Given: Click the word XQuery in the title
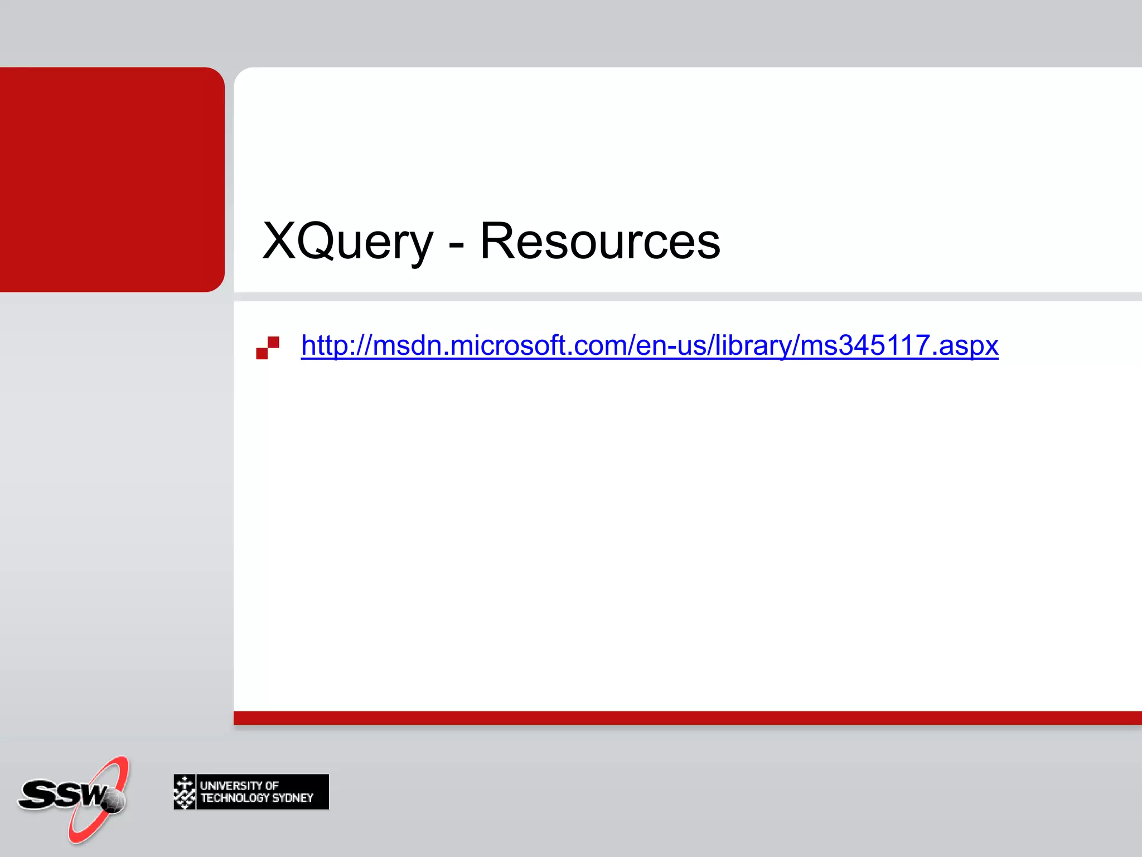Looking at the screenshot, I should pyautogui.click(x=347, y=241).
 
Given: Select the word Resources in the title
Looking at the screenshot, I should pyautogui.click(x=600, y=241).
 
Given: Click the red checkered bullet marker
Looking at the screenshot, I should pyautogui.click(x=268, y=348).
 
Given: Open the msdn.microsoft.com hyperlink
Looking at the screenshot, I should pyautogui.click(x=650, y=345).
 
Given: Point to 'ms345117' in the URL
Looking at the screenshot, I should pyautogui.click(x=865, y=345).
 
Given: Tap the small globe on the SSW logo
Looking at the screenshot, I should pyautogui.click(x=114, y=802).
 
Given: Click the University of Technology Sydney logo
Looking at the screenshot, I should pyautogui.click(x=251, y=792).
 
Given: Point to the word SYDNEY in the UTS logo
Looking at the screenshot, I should pyautogui.click(x=293, y=798).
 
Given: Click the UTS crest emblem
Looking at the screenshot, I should pyautogui.click(x=185, y=792).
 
